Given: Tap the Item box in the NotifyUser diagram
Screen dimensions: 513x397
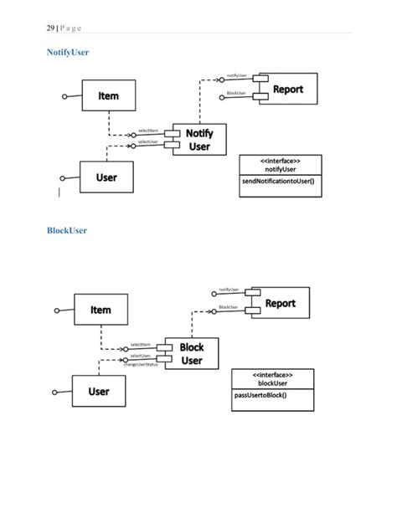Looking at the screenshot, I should pyautogui.click(x=108, y=96).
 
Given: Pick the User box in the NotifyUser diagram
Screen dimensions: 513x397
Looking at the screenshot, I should pyautogui.click(x=106, y=177).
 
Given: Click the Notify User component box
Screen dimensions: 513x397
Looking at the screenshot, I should pyautogui.click(x=198, y=139).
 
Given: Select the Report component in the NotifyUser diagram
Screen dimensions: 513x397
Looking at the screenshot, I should pyautogui.click(x=287, y=90).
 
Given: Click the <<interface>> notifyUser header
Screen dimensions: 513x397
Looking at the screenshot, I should pyautogui.click(x=277, y=164).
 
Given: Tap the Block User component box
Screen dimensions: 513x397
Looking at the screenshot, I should pyautogui.click(x=192, y=354).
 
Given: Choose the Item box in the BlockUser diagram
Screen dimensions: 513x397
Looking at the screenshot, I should pyautogui.click(x=101, y=310).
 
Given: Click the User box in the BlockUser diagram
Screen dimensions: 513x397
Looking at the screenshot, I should pyautogui.click(x=99, y=391).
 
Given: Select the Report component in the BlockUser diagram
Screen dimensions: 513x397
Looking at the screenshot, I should pyautogui.click(x=280, y=303).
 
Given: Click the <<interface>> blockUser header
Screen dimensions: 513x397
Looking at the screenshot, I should pyautogui.click(x=272, y=378).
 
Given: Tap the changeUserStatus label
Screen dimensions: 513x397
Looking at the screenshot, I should pyautogui.click(x=141, y=365).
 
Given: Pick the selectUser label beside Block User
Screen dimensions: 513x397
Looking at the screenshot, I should pyautogui.click(x=140, y=357).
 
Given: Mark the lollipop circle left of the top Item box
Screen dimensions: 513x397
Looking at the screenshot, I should pyautogui.click(x=65, y=97).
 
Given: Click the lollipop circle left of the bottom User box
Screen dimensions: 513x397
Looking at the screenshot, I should pyautogui.click(x=56, y=392).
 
